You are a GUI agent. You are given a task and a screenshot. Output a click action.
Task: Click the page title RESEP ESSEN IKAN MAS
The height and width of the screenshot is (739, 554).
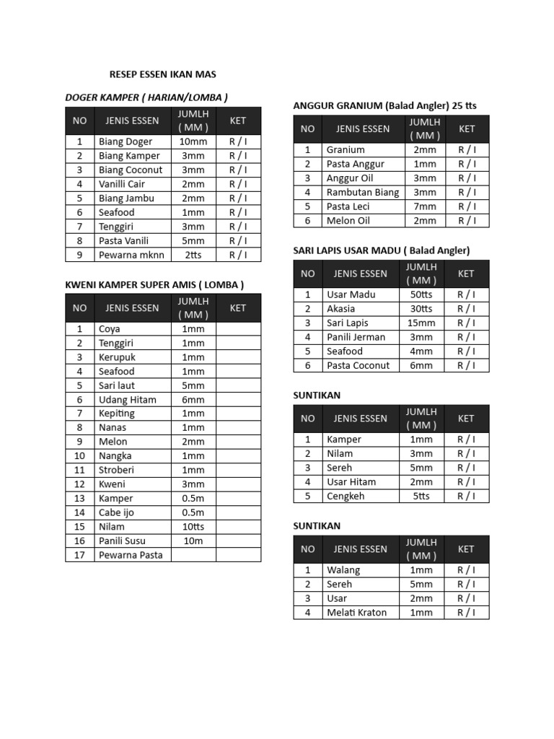[x=162, y=74]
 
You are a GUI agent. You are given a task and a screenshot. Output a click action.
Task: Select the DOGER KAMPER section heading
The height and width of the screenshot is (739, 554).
[x=146, y=97]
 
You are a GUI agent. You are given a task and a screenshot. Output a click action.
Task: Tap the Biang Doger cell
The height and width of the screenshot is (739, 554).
[x=126, y=141]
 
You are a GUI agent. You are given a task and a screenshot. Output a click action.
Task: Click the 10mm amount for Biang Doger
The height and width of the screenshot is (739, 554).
[x=193, y=141]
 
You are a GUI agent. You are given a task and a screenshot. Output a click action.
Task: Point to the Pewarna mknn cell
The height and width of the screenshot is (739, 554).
[x=131, y=255]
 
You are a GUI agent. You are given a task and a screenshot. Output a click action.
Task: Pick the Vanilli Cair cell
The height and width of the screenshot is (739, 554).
[x=122, y=184]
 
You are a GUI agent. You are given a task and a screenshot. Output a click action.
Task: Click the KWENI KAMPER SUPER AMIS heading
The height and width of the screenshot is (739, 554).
[x=154, y=285]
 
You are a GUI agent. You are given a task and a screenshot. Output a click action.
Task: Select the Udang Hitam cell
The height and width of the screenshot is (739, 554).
[x=128, y=400]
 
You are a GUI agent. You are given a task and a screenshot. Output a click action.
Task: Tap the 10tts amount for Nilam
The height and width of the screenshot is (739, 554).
[x=193, y=527]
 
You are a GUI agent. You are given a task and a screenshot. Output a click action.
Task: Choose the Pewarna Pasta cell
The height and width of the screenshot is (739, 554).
[x=131, y=555]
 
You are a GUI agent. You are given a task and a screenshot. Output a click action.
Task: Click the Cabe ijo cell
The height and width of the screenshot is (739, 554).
[x=116, y=512]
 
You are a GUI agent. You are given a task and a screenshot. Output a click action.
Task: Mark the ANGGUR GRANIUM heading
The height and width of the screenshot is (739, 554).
[x=384, y=105]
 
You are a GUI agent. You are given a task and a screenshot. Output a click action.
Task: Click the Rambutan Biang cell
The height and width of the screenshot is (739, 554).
[x=362, y=192]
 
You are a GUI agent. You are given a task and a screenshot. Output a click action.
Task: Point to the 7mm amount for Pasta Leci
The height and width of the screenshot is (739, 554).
[x=425, y=206]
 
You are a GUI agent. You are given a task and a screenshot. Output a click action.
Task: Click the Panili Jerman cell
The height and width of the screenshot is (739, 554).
[x=356, y=337]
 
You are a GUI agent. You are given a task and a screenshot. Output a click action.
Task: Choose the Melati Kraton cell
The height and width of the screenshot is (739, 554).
[x=356, y=613]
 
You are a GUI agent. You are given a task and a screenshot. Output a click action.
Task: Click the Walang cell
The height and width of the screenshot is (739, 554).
[x=343, y=570]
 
